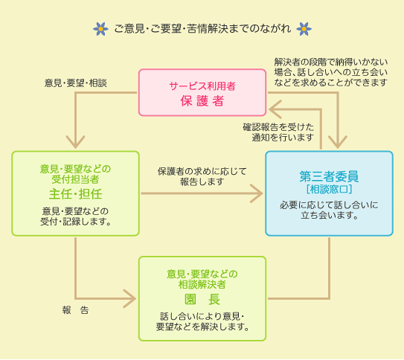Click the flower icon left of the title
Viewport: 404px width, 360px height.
pyautogui.click(x=101, y=29)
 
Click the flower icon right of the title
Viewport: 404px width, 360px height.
pyautogui.click(x=304, y=29)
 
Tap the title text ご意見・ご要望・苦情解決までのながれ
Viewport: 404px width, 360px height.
pyautogui.click(x=202, y=30)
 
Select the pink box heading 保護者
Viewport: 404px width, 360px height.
pyautogui.click(x=202, y=101)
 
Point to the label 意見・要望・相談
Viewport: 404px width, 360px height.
pyautogui.click(x=76, y=83)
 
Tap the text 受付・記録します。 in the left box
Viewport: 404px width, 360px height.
pyautogui.click(x=75, y=221)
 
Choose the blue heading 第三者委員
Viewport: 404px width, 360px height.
pyautogui.click(x=329, y=176)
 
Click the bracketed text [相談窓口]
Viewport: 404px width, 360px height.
pyautogui.click(x=329, y=190)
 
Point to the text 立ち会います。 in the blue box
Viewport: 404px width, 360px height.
pyautogui.click(x=329, y=216)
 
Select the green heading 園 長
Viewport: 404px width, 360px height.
pyautogui.click(x=202, y=299)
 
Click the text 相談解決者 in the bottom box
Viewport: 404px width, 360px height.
pyautogui.click(x=202, y=284)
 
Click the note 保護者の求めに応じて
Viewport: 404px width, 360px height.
pyautogui.click(x=202, y=171)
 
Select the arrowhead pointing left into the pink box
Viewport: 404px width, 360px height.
pyautogui.click(x=273, y=110)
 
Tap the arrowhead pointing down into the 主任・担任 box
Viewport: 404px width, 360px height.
pyautogui.click(x=75, y=143)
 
